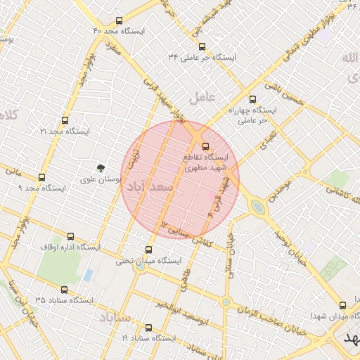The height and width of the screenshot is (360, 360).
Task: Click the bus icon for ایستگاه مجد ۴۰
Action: coord(117,20)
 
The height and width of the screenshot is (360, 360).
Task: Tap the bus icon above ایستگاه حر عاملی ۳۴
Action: coord(202,46)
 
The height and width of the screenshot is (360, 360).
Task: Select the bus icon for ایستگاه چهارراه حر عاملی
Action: coord(253,100)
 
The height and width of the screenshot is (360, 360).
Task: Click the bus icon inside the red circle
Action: coord(205,146)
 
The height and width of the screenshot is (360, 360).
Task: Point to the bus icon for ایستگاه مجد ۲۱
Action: coord(65,121)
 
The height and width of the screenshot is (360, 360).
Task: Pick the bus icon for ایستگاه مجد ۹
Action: coord(42,178)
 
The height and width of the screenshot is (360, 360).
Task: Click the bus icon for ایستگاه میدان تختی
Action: coord(148,250)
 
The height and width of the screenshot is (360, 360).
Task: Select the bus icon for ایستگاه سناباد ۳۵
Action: coord(65,290)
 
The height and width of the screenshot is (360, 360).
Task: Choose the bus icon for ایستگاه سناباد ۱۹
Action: coord(148,328)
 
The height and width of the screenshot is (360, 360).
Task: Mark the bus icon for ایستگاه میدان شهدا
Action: coord(342,305)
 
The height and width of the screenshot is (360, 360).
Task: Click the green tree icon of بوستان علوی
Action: coord(101,168)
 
